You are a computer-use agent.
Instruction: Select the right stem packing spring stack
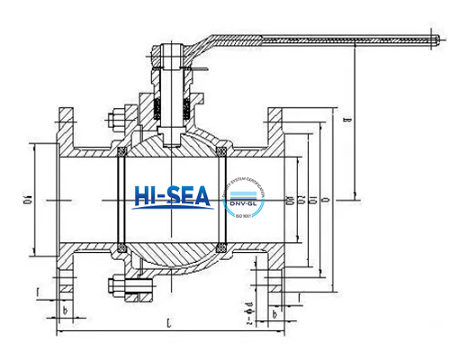(x=185, y=110)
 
